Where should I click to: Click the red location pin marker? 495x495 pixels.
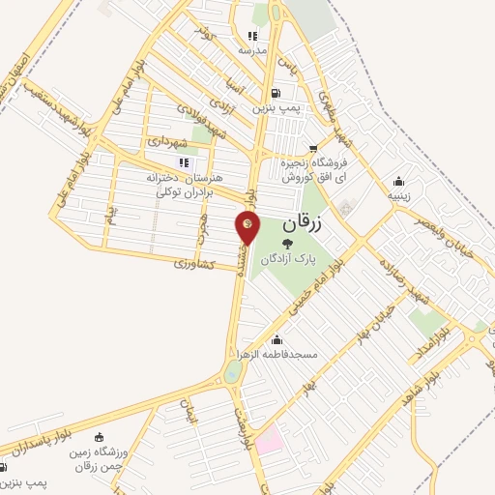[x=247, y=227]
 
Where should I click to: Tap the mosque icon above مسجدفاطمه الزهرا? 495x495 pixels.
[x=278, y=339]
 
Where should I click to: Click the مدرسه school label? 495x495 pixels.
[x=251, y=48]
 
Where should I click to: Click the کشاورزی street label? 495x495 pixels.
[x=194, y=263]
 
